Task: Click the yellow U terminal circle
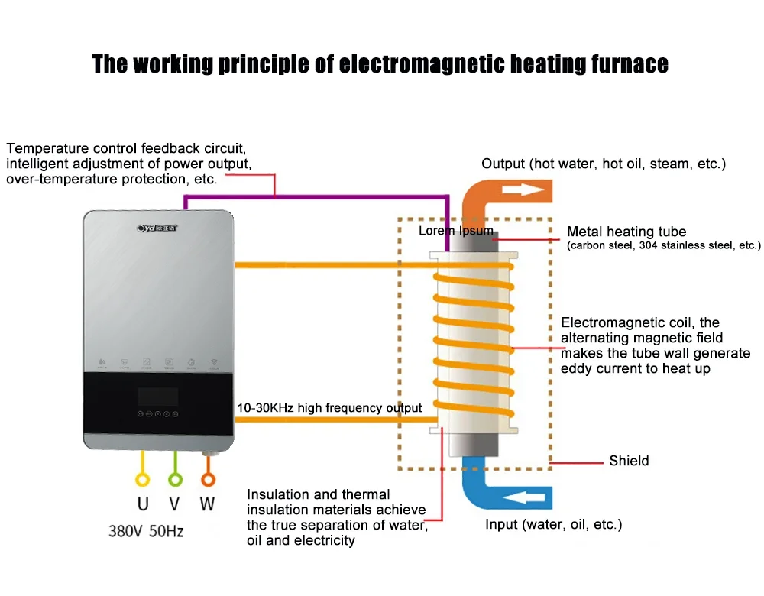(x=143, y=480)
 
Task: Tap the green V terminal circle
(x=175, y=480)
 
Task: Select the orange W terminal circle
(x=207, y=480)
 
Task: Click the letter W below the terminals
(x=207, y=504)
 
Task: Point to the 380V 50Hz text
(x=146, y=530)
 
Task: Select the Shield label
(x=629, y=461)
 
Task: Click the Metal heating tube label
(x=626, y=232)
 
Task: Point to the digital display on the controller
(x=158, y=397)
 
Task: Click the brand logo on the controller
(x=157, y=227)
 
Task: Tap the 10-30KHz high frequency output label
(x=329, y=408)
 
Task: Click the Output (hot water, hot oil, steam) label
(x=604, y=164)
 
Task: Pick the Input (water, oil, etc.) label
(x=554, y=525)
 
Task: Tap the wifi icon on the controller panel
(x=215, y=363)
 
